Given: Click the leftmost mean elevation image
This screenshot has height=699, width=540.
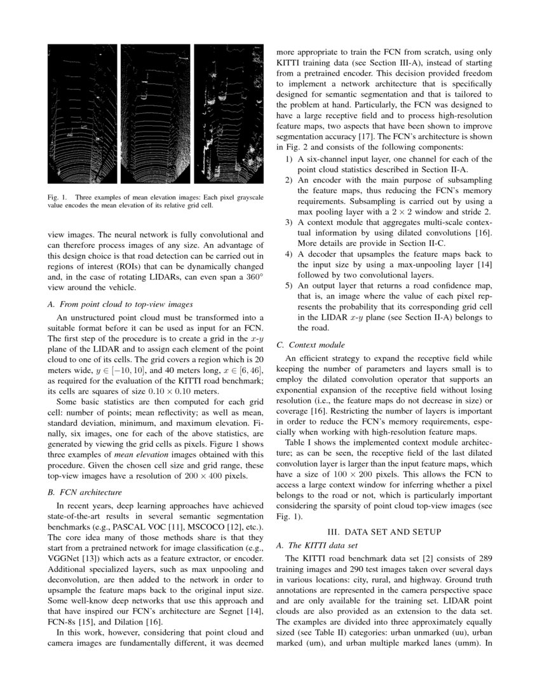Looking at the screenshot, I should click(x=83, y=114).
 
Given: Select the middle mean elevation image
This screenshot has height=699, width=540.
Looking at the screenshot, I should click(x=155, y=114).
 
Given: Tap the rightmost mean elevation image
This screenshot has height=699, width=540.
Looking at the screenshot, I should click(x=229, y=114).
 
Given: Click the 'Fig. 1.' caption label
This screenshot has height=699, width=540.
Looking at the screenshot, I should click(x=58, y=197).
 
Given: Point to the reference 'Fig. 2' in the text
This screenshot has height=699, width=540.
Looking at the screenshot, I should click(x=288, y=147).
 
